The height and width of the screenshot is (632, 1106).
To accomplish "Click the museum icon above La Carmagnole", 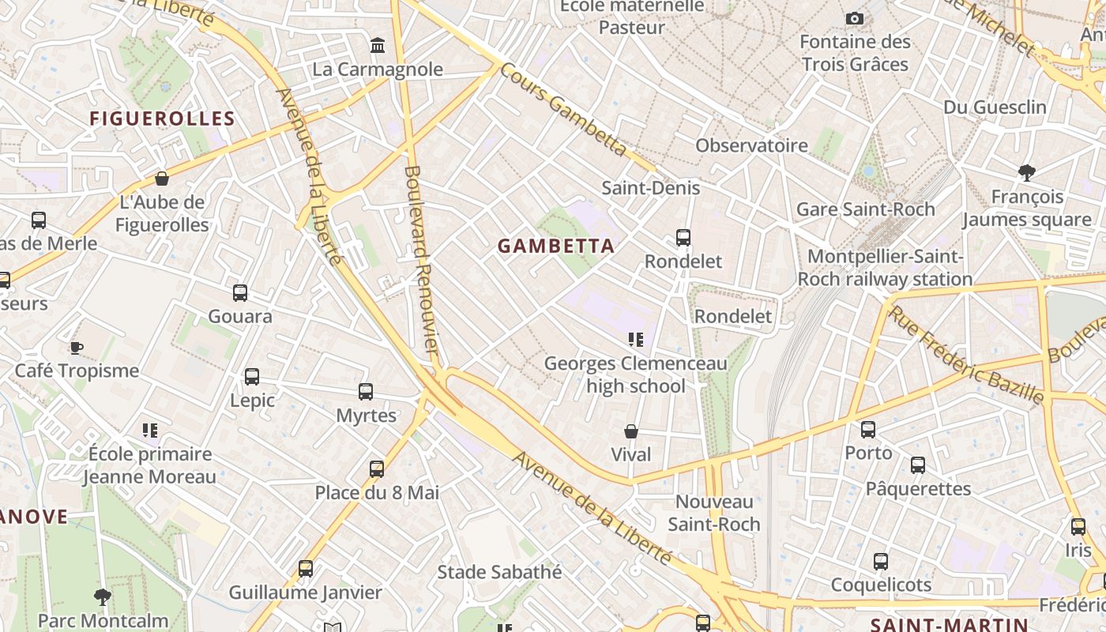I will pos(378,46).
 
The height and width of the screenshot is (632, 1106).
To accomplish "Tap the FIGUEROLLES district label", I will pos(162,119).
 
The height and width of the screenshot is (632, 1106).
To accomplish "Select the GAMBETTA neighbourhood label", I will pos(556,246).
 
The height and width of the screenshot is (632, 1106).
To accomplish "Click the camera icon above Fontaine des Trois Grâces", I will pos(854,18).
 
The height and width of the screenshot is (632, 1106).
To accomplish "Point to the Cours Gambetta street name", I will pos(563,109).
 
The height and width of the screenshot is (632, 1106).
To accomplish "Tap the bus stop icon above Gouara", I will pos(240,293).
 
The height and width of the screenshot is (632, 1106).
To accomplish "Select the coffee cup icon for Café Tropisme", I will pos(77,348).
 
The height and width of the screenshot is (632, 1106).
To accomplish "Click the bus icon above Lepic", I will pos(252,377).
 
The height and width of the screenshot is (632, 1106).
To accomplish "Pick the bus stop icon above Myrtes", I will pos(366,392).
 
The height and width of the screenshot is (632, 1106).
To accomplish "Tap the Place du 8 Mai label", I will pos(377,493).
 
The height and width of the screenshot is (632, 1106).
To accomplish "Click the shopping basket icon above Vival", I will pos(631,431).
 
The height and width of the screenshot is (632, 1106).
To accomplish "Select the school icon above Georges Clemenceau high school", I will pos(636,340).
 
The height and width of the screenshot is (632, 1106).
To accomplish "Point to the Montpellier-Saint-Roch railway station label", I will pos(885,268).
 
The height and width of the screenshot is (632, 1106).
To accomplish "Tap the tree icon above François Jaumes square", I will pos(1027,172).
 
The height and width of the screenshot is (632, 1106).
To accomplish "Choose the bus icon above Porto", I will pos(868,430).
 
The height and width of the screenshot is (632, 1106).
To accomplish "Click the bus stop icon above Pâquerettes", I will pos(918,465).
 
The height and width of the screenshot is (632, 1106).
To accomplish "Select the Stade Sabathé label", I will pos(499,572).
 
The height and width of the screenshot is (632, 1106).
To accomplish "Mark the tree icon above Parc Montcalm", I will pos(103,597).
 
